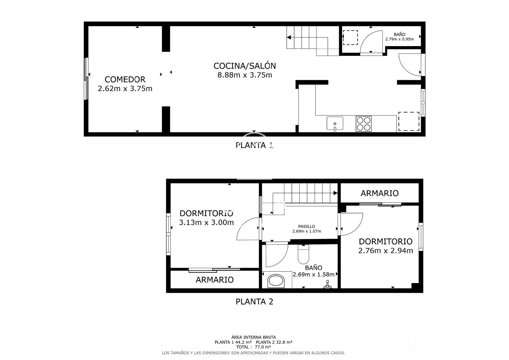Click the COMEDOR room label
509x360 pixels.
125,80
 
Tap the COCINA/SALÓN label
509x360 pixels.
245,66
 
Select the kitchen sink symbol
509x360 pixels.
335,123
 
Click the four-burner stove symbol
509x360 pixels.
364,124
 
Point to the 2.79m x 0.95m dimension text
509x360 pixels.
399,39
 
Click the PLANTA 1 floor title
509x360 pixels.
254,145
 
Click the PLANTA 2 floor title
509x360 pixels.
254,301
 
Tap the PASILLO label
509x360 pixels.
306,227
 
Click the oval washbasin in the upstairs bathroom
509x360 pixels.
276,281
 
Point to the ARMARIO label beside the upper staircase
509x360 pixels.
379,193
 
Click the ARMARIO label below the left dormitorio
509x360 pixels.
214,280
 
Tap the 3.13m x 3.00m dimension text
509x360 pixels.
206,222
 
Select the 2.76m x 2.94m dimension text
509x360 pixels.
385,251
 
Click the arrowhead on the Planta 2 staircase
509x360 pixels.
335,193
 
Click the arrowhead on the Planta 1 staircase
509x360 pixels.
289,38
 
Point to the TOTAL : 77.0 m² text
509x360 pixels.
253,347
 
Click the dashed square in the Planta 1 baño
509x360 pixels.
350,38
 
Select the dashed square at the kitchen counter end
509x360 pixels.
409,121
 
